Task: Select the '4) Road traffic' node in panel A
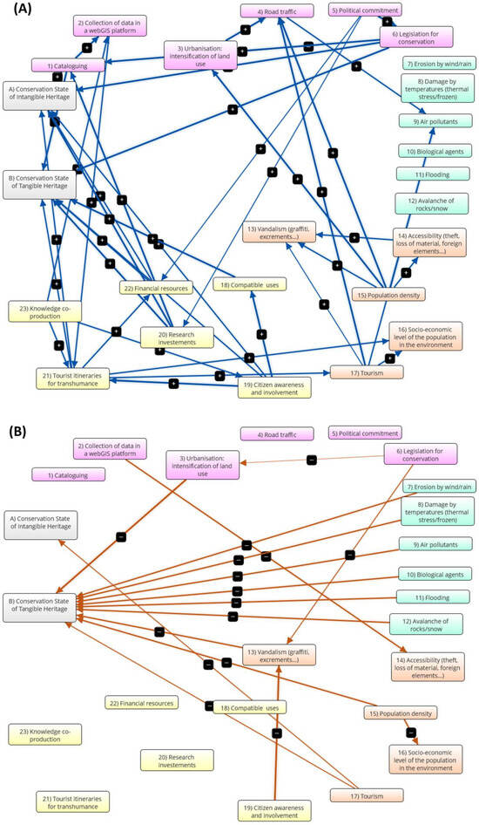(272, 11)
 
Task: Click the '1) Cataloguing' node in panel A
(69, 65)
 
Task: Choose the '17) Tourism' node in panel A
(366, 372)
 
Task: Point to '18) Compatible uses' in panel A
(250, 284)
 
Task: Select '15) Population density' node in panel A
(388, 294)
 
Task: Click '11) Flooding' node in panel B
(433, 597)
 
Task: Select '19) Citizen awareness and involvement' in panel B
(275, 809)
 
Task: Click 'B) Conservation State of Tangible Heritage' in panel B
(41, 603)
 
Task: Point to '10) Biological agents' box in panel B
(433, 574)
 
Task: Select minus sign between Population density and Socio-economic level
(412, 733)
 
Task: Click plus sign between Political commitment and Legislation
(387, 21)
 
